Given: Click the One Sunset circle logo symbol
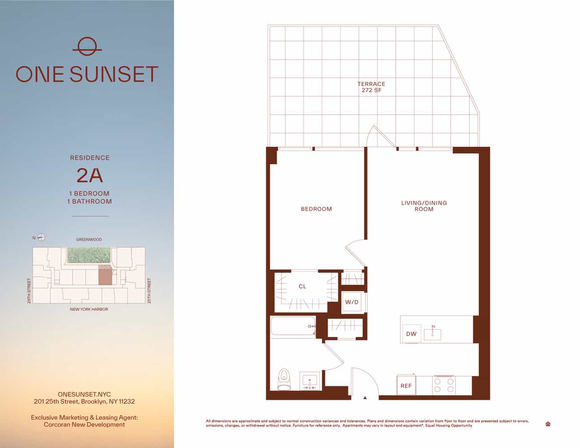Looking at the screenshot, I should pos(87,47).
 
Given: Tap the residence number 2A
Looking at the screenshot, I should pos(90,175).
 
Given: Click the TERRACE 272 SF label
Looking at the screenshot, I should pos(371,87).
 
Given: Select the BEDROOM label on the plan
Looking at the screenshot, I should pos(316,209).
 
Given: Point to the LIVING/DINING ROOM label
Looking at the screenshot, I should pos(424,206).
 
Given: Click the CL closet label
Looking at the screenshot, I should pos(303,287).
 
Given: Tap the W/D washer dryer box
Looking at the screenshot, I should pos(352,302).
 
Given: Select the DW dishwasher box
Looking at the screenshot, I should pos(411,334).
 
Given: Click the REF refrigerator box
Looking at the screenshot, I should pos(406,386).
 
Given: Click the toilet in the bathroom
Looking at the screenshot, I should pos(284,380).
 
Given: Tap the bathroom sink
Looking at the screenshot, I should pos(310,381).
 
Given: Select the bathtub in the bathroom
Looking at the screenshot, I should pos(293,326).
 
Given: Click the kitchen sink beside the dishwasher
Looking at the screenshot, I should pos(433,334).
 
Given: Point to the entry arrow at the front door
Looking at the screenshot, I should pos(365,397).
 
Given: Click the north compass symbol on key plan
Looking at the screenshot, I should pos(41,237).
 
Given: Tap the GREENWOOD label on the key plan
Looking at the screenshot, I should pos(89,240).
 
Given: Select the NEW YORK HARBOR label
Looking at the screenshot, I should pos(89,309).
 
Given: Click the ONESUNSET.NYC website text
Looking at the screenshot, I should pos(84,394).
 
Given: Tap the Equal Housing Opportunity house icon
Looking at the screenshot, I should pos(548,424).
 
